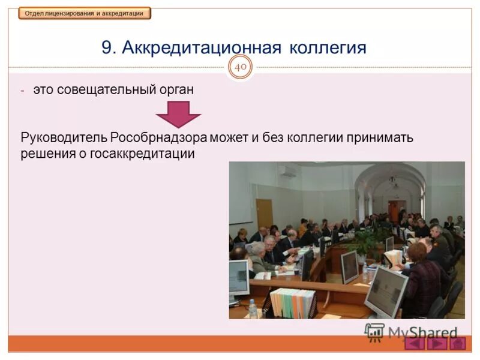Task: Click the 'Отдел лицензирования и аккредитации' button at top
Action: coord(84,13)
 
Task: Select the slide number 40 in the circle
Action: coord(241,68)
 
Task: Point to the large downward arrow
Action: coord(178,113)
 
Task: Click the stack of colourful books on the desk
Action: coord(292,302)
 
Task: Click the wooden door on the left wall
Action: coord(264,213)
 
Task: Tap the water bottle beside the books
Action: coord(253,308)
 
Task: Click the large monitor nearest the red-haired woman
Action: coord(386,292)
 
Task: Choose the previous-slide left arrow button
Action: coord(414,343)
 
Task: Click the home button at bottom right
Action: coord(458,343)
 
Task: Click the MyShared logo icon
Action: coord(374,331)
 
